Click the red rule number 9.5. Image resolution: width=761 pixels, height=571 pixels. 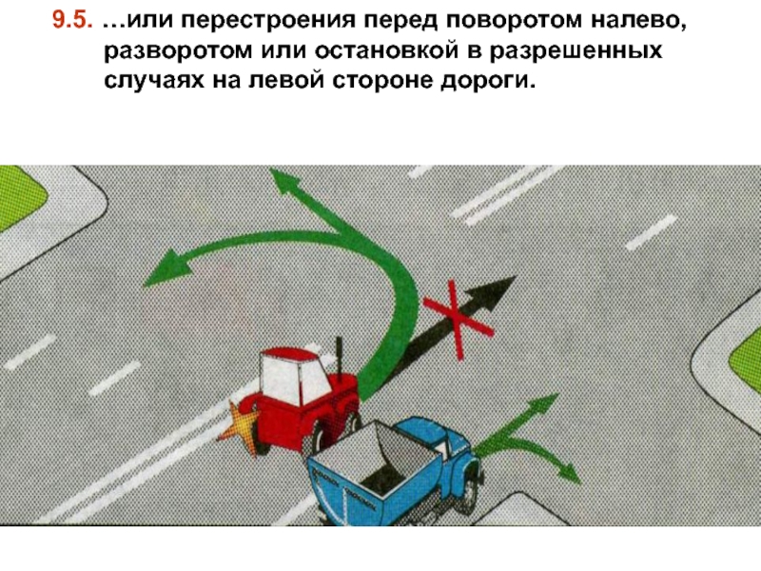[72, 20]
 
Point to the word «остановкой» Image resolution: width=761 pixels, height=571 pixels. [387, 50]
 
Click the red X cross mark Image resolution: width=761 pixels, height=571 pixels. [458, 321]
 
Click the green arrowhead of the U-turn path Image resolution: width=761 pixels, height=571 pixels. [167, 267]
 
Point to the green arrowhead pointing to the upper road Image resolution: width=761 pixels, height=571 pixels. [285, 183]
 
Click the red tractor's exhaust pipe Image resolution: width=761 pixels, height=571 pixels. [340, 358]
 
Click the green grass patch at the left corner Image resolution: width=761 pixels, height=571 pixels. [19, 197]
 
